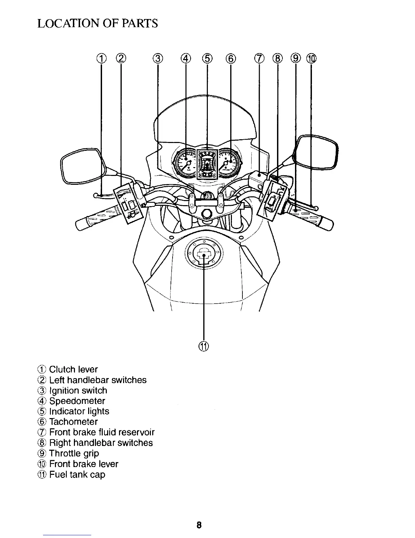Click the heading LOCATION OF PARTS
point(98,23)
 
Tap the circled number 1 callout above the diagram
point(101,59)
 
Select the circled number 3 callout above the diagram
point(157,59)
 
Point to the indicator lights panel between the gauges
point(207,164)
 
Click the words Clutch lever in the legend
point(73,370)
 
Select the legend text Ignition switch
point(78,391)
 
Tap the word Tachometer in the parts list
point(73,422)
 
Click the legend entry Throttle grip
point(74,453)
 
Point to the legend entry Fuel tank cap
point(77,474)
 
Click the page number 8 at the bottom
point(199,525)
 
